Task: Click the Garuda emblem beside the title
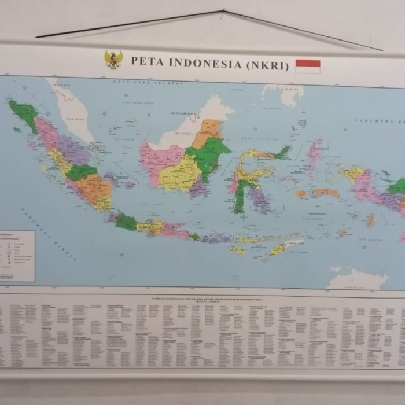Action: pyautogui.click(x=113, y=60)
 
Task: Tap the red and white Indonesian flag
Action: pyautogui.click(x=307, y=66)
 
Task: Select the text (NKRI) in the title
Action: pyautogui.click(x=267, y=65)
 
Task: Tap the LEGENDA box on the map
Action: pyautogui.click(x=17, y=255)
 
